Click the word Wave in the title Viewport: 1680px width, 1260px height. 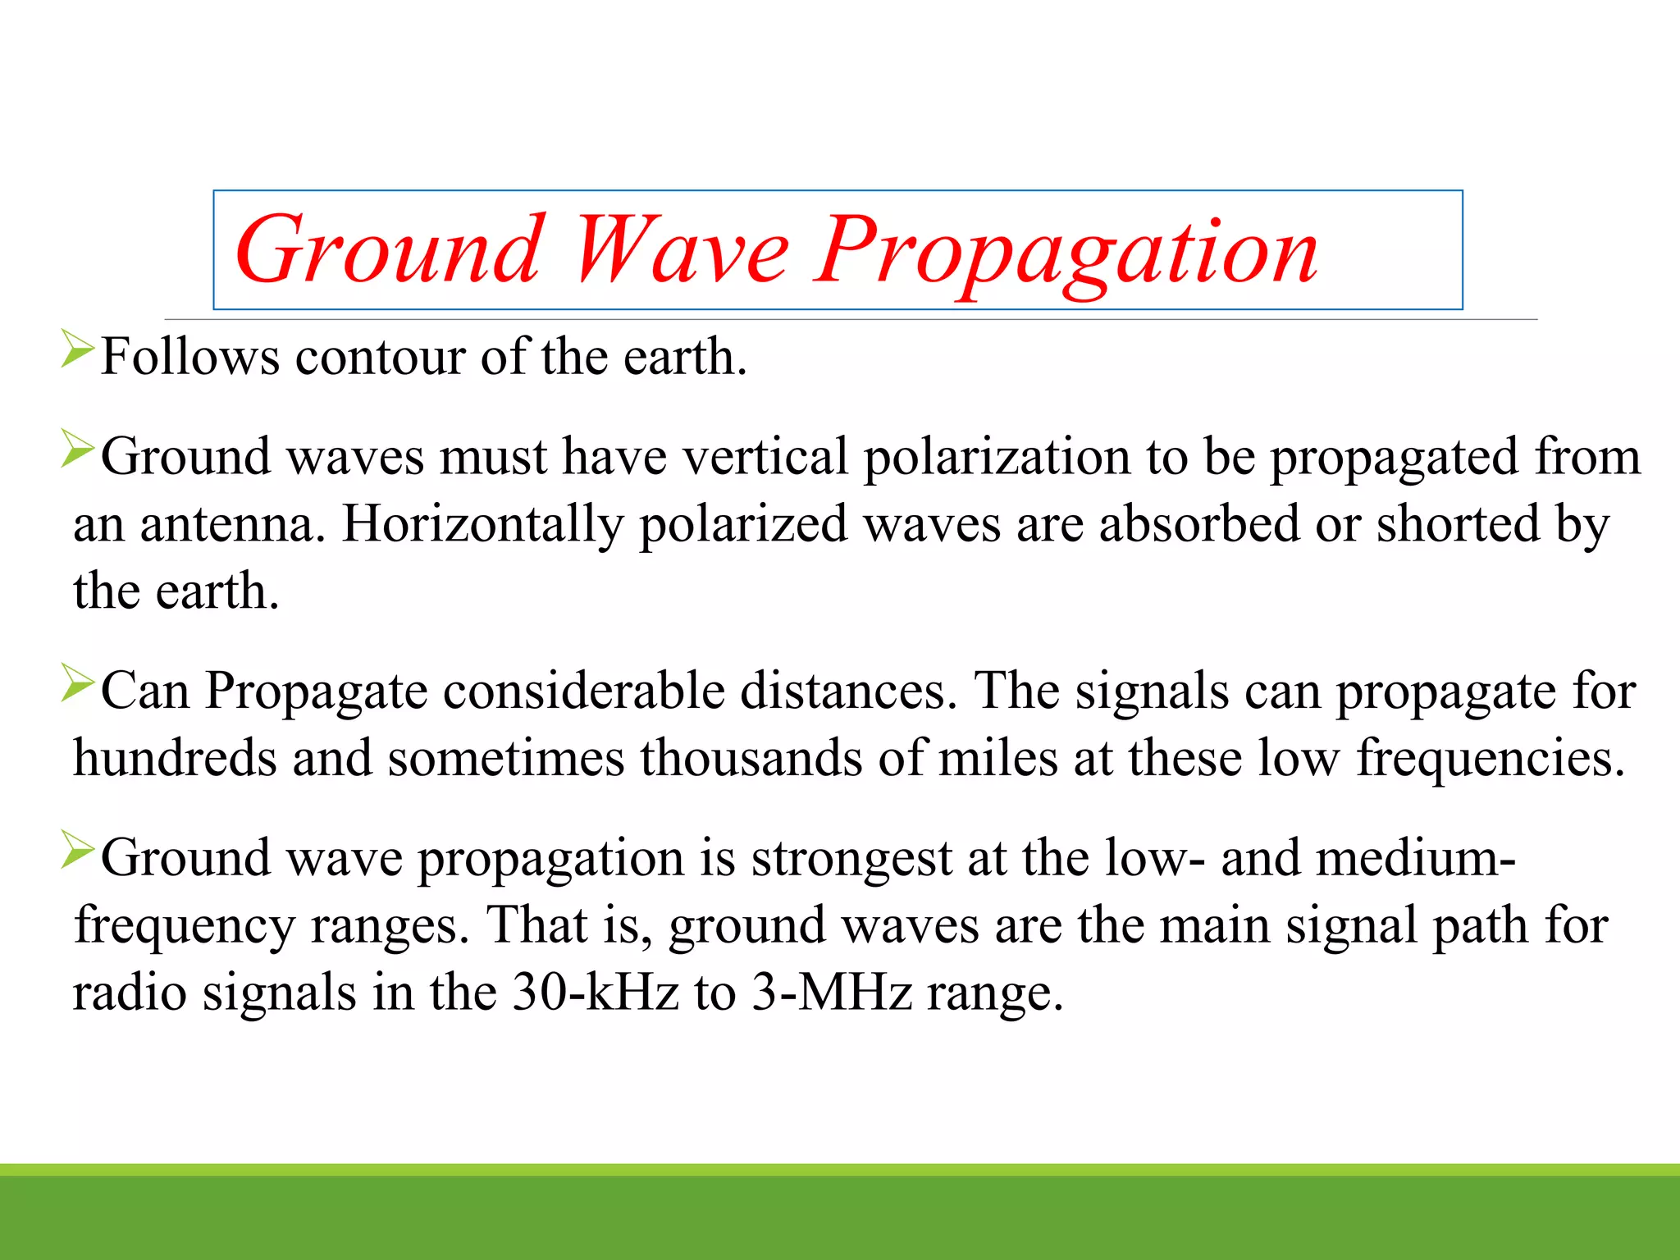(681, 250)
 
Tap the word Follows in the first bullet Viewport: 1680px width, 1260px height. (189, 358)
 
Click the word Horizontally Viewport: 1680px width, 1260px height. (482, 525)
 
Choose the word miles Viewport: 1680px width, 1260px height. (997, 758)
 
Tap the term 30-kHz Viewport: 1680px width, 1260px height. (596, 993)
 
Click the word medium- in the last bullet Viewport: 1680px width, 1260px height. (1415, 858)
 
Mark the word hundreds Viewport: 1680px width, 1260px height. (175, 758)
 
